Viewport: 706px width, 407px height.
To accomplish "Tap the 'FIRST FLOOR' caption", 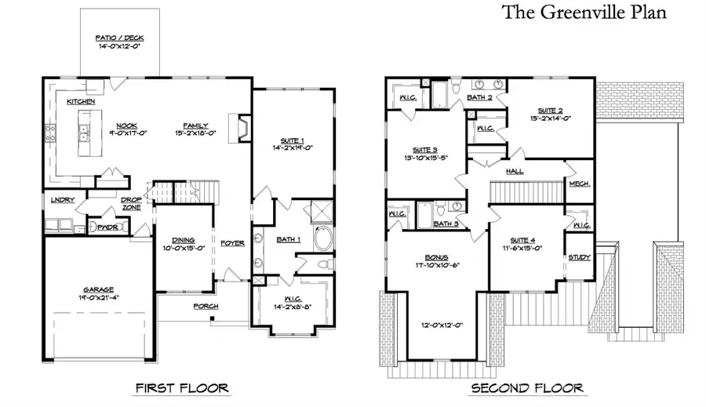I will point(181,387).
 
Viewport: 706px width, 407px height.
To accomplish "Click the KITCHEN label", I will point(81,102).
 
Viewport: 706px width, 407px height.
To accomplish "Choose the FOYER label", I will point(232,243).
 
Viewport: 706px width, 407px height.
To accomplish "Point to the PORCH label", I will point(206,306).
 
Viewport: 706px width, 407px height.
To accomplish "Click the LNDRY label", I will point(63,200).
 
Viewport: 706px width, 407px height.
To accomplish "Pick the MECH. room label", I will point(579,184).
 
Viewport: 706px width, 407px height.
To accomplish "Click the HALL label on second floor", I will point(515,170).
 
